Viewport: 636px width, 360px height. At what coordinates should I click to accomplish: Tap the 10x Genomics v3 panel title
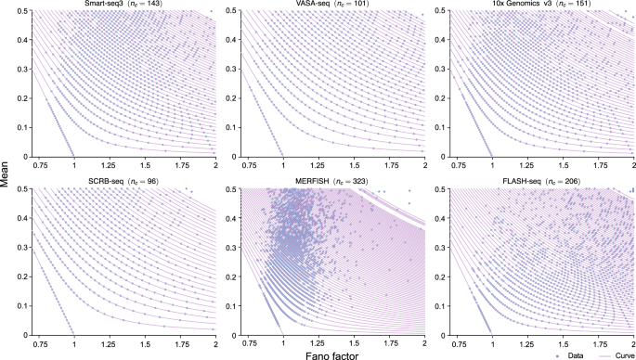[539, 6]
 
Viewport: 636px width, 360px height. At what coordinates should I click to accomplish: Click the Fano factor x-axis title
[330, 352]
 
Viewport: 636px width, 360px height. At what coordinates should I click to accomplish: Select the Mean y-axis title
[6, 173]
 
